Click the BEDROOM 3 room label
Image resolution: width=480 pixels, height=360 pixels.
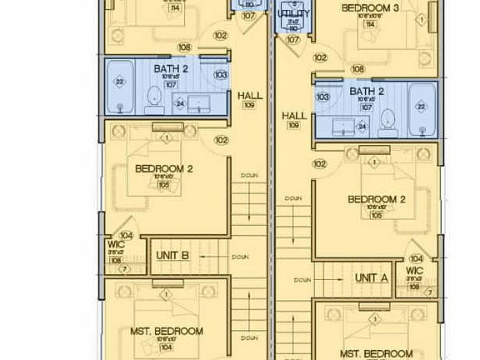click(371, 7)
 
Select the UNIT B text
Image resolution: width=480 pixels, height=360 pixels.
click(172, 256)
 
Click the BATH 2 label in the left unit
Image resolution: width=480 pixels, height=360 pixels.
click(170, 70)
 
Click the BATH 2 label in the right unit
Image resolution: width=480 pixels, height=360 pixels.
click(366, 91)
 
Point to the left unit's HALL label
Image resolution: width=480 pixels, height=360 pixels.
click(249, 96)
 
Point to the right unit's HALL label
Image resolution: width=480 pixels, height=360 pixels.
click(293, 116)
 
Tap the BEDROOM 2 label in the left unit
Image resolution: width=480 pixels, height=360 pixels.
click(163, 168)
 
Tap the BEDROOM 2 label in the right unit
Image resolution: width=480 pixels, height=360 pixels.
click(376, 199)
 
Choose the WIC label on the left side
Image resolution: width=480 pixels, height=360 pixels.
click(116, 244)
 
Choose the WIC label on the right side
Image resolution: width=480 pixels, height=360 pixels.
click(414, 271)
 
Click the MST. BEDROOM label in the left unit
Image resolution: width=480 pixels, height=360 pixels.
click(167, 331)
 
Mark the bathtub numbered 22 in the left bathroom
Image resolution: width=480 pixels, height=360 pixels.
click(120, 82)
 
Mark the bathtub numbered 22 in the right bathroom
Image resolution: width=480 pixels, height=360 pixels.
click(420, 106)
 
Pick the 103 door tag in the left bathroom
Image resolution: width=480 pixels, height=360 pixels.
click(220, 74)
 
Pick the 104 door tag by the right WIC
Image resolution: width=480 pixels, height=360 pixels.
click(416, 258)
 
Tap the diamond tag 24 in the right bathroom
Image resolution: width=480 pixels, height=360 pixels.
click(362, 127)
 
